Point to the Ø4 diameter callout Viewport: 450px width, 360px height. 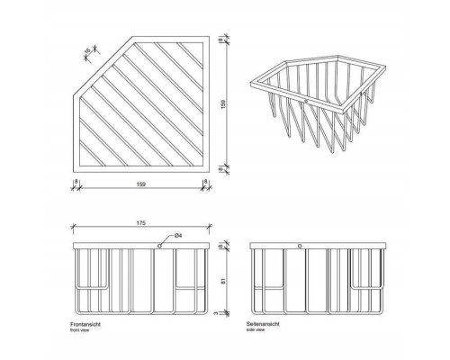click(x=179, y=236)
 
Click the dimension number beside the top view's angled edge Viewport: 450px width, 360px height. click(x=87, y=50)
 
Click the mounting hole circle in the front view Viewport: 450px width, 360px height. click(x=159, y=245)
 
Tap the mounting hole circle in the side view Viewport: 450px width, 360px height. click(x=300, y=245)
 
